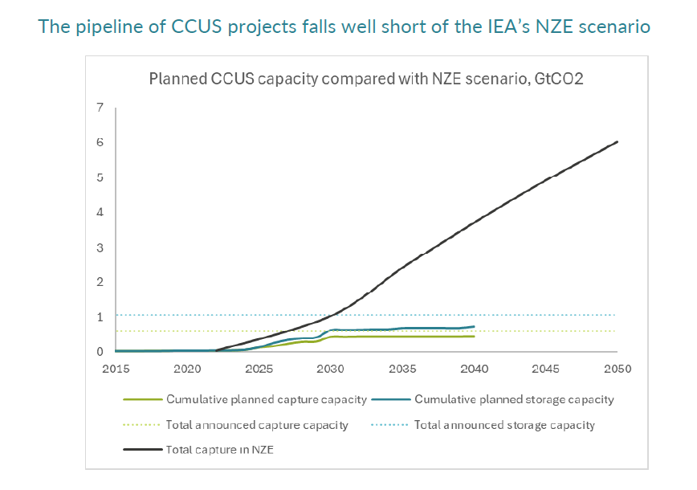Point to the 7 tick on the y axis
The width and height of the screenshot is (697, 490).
point(100,108)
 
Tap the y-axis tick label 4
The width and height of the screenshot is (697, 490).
point(100,212)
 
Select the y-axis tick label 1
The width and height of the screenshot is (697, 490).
point(100,316)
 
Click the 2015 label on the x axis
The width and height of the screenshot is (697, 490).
point(116,369)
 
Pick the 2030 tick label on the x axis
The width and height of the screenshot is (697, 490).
point(331,369)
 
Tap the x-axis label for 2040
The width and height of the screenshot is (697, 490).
point(474,369)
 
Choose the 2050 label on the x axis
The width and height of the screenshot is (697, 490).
point(617,369)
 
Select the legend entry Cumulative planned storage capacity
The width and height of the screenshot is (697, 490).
point(514,399)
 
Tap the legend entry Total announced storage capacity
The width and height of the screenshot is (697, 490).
point(504,425)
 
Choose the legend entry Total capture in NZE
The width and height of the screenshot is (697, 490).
point(219,450)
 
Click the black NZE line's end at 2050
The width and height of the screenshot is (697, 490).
point(617,142)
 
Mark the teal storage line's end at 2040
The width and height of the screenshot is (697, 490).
point(474,326)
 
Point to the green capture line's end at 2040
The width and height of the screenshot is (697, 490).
point(474,336)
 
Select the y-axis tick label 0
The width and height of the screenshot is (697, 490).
point(100,352)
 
